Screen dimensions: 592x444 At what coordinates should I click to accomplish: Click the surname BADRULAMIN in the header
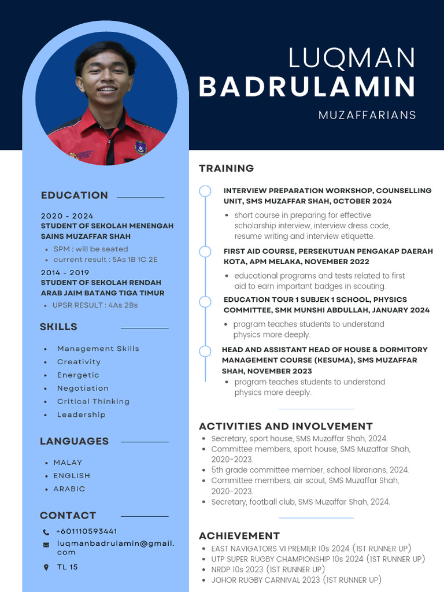coord(307,87)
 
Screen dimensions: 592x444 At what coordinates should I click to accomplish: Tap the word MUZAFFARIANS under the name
coord(367,115)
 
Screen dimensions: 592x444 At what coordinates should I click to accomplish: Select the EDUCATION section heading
coord(75,195)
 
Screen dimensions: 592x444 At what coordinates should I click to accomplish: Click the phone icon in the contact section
coord(46,532)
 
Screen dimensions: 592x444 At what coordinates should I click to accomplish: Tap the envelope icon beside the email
coord(46,545)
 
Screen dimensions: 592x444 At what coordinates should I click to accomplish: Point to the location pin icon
coord(46,568)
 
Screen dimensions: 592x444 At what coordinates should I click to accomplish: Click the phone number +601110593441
coord(87,531)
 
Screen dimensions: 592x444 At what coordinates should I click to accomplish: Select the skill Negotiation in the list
coord(83,388)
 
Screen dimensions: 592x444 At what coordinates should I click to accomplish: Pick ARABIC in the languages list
coord(69,489)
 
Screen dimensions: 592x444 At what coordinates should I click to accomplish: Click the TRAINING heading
coord(227,168)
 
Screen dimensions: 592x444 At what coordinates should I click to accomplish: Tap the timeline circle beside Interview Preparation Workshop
coord(205,191)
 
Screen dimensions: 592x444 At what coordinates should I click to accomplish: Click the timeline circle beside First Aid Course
coord(205,251)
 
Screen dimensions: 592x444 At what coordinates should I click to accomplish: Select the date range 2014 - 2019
coord(65,272)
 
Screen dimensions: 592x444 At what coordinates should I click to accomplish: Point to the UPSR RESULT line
coord(95,305)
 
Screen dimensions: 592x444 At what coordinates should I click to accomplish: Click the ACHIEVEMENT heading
coord(239,536)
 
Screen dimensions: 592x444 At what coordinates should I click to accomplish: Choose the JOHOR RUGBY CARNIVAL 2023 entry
coord(297,580)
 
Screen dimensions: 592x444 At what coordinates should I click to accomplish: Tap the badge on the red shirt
coord(140,147)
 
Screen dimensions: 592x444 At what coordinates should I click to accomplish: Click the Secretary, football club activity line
coord(301,502)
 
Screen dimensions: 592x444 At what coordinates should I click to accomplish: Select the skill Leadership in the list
coord(82,415)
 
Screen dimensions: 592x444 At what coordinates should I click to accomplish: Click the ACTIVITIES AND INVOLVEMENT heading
coord(286,427)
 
